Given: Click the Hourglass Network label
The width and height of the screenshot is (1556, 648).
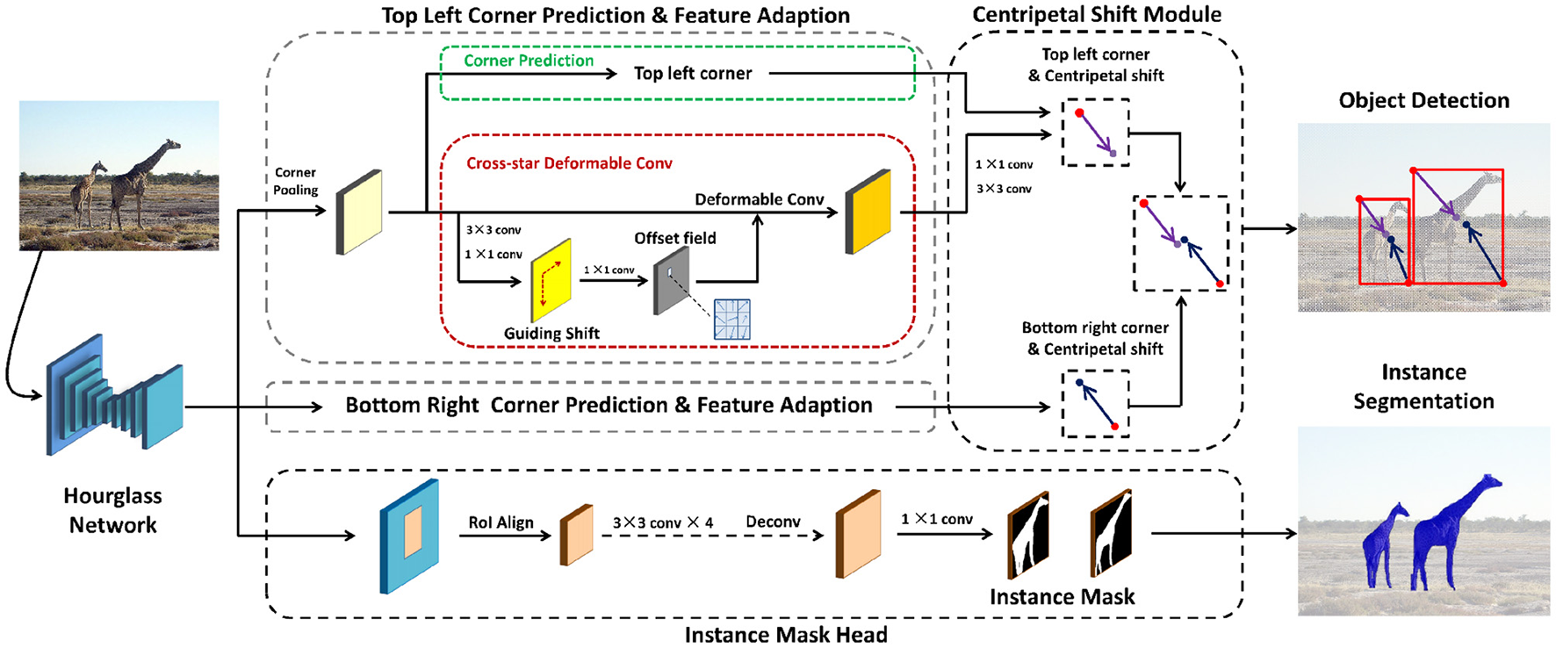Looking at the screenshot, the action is [112, 510].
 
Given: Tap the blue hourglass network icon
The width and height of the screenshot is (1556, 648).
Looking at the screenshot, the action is [114, 395].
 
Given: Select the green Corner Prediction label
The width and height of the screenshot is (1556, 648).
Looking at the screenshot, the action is [529, 61].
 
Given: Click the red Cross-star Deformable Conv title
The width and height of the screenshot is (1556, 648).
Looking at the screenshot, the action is [569, 163].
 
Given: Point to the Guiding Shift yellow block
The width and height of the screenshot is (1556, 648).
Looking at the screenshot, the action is [551, 281].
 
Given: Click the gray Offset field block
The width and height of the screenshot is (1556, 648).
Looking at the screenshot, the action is [672, 281].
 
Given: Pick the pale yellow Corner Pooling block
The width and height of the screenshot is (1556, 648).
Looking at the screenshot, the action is [359, 212].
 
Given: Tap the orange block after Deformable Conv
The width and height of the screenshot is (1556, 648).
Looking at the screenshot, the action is [868, 212].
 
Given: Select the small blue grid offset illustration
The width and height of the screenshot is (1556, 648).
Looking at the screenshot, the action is [731, 320].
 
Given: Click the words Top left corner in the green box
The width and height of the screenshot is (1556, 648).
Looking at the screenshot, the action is [693, 74].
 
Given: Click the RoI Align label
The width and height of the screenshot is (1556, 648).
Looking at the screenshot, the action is [501, 522].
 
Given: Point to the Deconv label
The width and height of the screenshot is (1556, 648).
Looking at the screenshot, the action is [773, 522].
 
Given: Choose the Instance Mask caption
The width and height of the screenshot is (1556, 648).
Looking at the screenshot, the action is [1062, 597].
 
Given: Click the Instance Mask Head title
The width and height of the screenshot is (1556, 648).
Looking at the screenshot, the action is [786, 635].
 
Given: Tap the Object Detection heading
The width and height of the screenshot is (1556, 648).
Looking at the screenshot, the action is [1423, 101].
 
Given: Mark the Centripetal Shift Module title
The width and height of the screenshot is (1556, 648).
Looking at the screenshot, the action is [1097, 15].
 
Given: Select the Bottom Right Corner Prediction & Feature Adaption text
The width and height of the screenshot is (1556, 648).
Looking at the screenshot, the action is [609, 406].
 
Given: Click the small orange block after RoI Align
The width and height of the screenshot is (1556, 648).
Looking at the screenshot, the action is [576, 536].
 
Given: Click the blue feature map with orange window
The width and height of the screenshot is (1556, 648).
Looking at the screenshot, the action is [409, 536].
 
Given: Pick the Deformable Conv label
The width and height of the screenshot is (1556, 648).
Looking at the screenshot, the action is [760, 199].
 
